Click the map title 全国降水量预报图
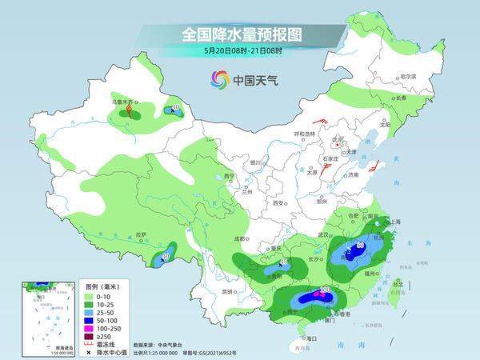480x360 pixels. pos(239,34)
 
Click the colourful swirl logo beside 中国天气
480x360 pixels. pos(218,79)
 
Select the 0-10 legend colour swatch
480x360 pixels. pos(91,295)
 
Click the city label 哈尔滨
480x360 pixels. pos(407,77)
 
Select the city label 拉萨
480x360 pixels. pos(142,234)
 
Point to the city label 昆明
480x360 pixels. pos(230,290)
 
